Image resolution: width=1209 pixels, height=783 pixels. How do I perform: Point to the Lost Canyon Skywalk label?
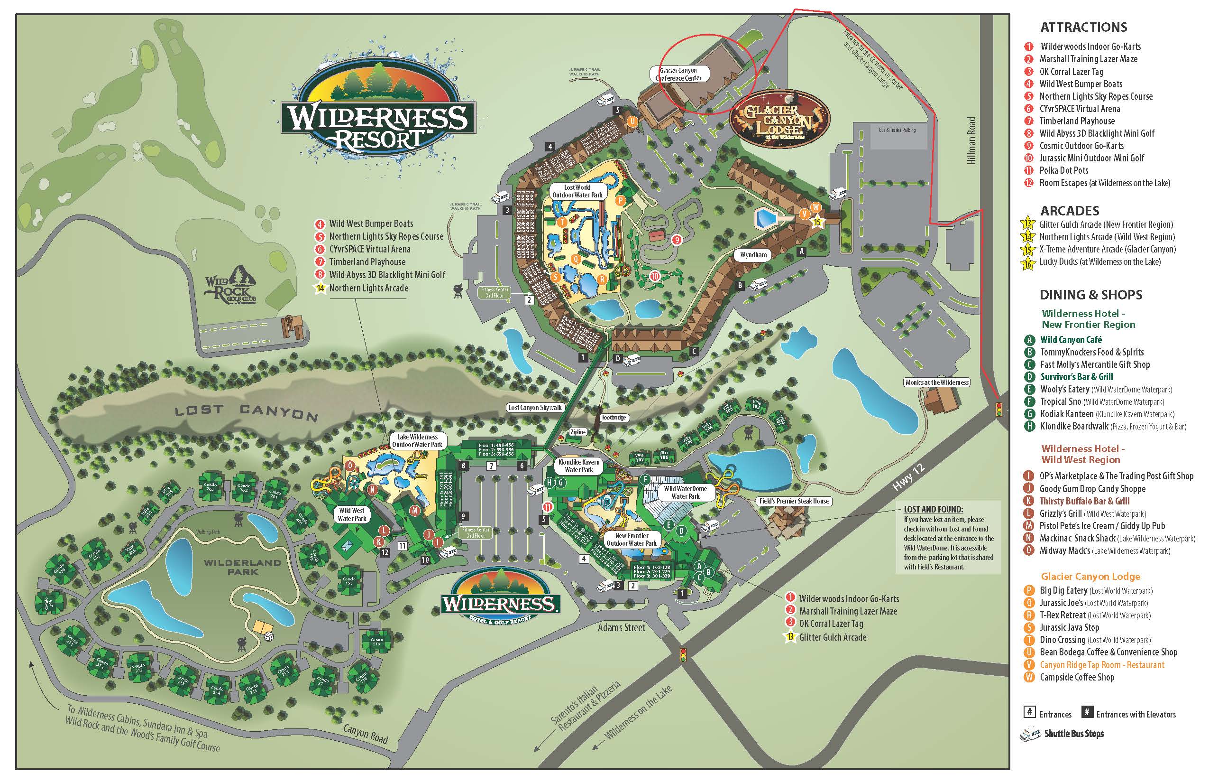535,407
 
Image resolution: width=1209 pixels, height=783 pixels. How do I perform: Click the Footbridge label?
613,418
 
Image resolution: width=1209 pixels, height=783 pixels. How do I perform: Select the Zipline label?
577,432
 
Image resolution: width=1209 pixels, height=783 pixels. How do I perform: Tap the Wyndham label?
753,255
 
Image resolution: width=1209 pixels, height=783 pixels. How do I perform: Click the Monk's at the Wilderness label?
937,382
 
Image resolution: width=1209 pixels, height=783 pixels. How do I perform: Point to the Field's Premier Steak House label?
794,501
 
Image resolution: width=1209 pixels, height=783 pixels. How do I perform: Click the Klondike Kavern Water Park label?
578,466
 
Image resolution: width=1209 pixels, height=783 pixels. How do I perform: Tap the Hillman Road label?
972,141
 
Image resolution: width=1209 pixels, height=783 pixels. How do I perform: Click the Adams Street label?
621,627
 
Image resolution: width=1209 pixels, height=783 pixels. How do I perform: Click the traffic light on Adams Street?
684,654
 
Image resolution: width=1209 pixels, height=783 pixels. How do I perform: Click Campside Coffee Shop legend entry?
1076,677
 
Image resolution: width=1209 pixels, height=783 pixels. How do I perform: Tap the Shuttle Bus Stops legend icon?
1030,734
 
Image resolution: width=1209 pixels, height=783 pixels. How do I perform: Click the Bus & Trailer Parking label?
897,130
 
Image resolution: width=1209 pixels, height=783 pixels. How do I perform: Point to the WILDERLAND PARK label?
242,567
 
